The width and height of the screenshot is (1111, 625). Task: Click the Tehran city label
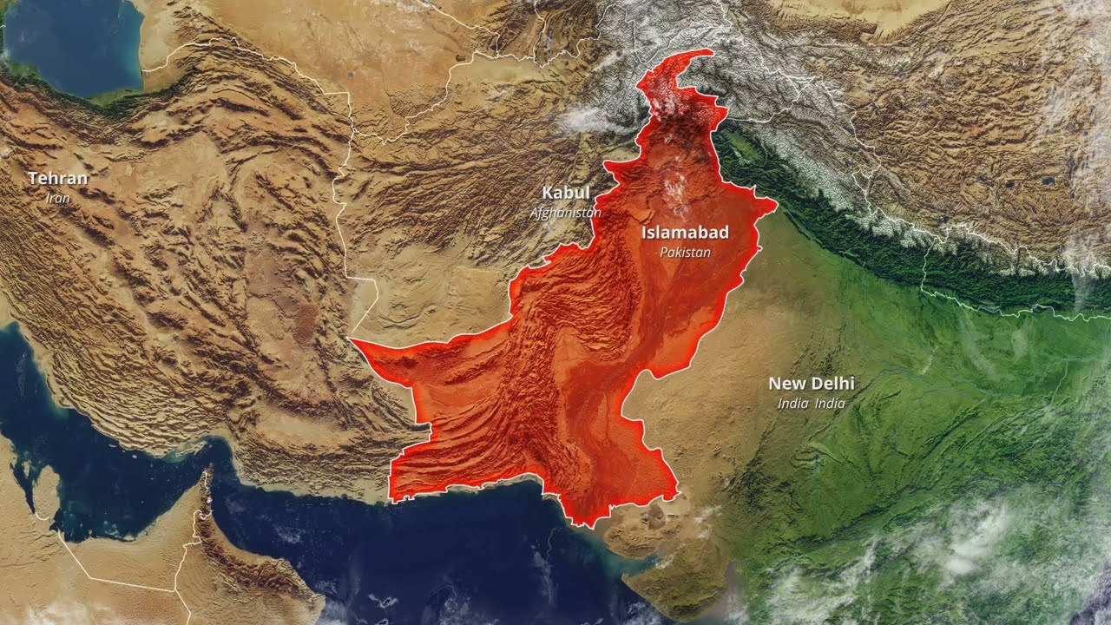point(58,179)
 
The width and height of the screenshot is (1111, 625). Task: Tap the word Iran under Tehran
point(58,198)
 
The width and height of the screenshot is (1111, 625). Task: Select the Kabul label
point(566,193)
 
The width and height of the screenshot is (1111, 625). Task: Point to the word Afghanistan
point(566,213)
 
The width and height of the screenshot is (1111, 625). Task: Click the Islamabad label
point(685,233)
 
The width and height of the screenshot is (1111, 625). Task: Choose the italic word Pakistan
point(685,253)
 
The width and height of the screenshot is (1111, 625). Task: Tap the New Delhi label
point(812,383)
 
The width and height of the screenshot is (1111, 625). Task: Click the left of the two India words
point(792,404)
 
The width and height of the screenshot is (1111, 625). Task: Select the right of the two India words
point(830,404)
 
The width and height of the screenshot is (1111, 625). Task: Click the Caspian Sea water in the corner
point(69,43)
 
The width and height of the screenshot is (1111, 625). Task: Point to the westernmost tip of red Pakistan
point(352,340)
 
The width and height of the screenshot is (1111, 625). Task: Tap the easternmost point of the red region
point(776,205)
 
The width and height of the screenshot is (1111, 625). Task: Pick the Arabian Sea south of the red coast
point(451,556)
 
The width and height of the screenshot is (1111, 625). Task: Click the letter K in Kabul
point(549,193)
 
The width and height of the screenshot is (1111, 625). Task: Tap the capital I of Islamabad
point(645,233)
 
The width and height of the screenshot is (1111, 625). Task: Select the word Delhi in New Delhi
point(832,383)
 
